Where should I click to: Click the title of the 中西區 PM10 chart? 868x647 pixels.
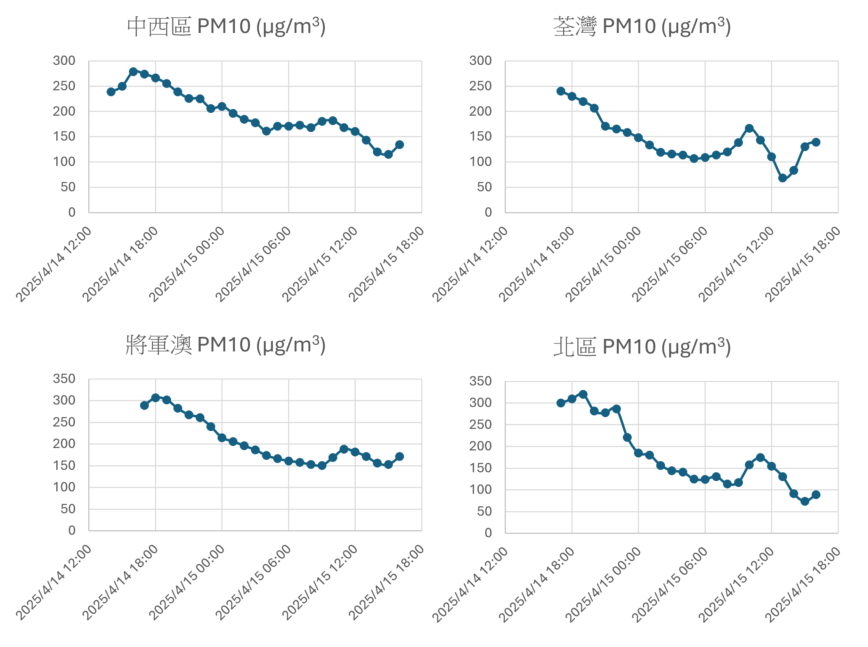(x=226, y=27)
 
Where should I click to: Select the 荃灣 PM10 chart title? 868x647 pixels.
(x=642, y=27)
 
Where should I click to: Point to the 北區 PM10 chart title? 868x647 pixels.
(x=642, y=347)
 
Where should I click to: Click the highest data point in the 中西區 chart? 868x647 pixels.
(x=133, y=72)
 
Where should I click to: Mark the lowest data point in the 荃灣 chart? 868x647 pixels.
(x=782, y=178)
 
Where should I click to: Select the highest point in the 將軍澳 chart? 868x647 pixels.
(x=155, y=398)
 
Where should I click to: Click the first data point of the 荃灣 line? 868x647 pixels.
(x=561, y=91)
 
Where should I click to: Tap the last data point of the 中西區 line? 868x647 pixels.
(x=399, y=144)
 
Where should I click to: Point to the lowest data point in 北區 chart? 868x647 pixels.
(x=805, y=501)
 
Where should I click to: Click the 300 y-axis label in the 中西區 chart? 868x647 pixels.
(x=64, y=61)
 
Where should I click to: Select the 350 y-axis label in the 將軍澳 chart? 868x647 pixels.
(x=64, y=379)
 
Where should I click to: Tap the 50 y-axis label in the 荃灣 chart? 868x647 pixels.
(x=484, y=187)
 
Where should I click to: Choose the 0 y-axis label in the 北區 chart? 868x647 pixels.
(x=488, y=533)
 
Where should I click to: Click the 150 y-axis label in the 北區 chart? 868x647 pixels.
(x=480, y=468)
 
